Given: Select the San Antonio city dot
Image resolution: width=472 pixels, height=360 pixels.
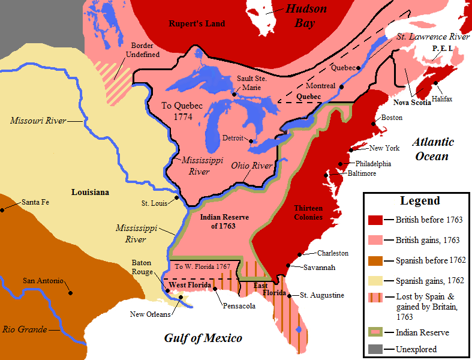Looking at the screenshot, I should tap(71, 293).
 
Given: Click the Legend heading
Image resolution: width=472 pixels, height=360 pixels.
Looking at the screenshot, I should tap(420, 201).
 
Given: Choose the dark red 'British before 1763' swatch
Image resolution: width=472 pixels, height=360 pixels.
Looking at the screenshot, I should tap(376, 220).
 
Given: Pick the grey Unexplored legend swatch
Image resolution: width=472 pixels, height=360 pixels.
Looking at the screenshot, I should tap(376, 349).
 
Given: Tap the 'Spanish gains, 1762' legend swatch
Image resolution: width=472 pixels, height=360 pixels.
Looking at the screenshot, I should tap(376, 281).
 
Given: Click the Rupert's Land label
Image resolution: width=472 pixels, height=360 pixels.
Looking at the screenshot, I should tap(197, 23).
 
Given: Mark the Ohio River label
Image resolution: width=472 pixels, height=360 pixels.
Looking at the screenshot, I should tap(252, 166).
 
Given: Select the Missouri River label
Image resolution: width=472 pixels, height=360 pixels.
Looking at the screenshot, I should tap(38, 121).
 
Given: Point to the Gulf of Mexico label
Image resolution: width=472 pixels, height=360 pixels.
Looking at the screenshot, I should tap(203, 338).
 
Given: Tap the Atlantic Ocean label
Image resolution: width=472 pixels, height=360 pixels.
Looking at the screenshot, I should tap(432, 149).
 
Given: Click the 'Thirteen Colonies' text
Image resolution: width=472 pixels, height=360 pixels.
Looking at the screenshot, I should tap(308, 212).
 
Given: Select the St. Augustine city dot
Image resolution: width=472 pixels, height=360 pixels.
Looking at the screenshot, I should tap(288, 296).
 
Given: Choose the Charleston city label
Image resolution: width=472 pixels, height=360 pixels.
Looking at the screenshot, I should tap(333, 253).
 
